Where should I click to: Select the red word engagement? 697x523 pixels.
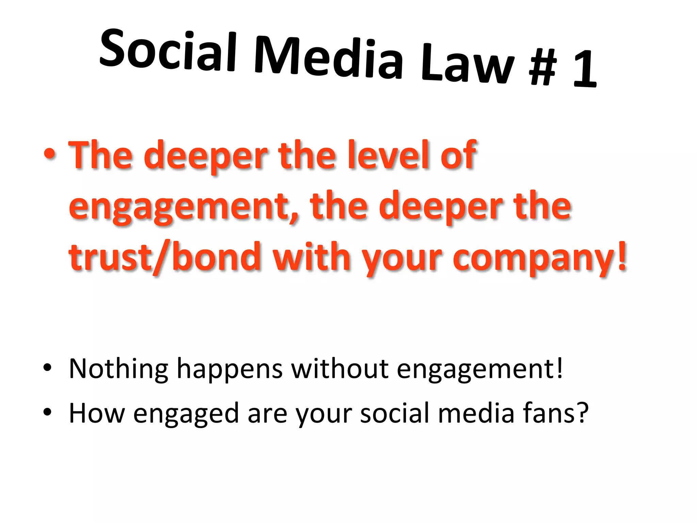(x=184, y=207)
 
